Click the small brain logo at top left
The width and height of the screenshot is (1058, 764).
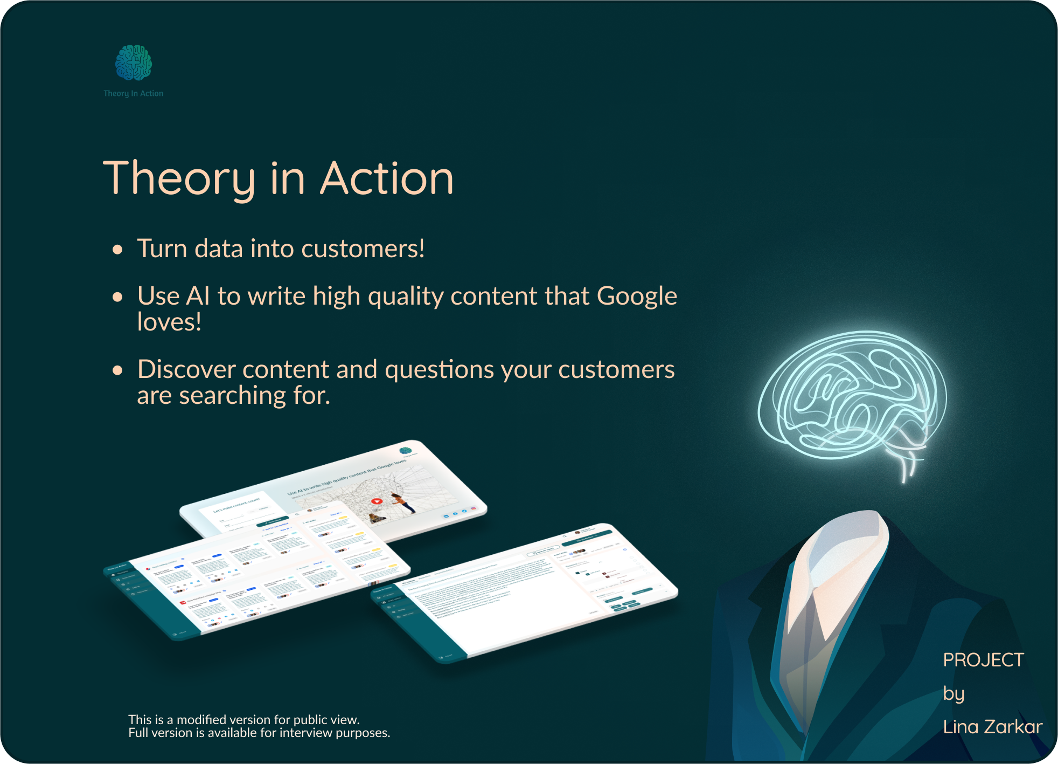coord(134,63)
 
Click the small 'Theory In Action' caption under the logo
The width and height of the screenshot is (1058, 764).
coord(134,93)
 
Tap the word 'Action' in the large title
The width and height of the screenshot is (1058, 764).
coord(387,179)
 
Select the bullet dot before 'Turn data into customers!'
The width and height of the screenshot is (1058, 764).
coord(117,250)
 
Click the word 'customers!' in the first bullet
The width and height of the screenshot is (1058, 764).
coord(363,249)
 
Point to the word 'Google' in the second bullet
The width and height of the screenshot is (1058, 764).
coord(637,297)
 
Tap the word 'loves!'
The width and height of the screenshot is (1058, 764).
coord(169,322)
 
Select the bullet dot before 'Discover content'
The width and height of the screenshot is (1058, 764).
coord(117,370)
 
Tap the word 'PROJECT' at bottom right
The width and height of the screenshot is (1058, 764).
coord(983,660)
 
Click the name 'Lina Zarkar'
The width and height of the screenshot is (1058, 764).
coord(992,727)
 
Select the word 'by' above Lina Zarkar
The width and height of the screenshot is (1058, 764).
coord(953,693)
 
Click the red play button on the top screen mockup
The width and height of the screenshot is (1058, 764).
coord(377,501)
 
